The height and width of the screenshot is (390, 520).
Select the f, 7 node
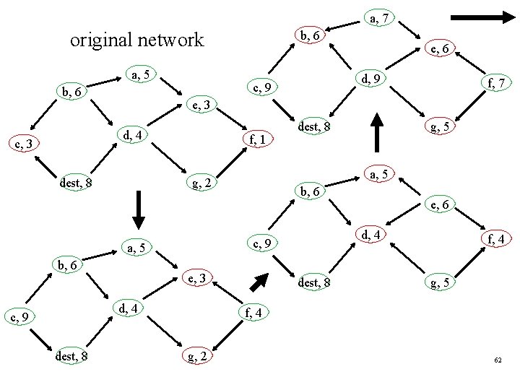(496, 84)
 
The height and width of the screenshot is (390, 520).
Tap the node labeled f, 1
(259, 139)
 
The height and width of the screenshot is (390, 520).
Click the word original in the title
(101, 40)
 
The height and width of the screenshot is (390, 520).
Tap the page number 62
(498, 359)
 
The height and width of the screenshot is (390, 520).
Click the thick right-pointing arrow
(479, 15)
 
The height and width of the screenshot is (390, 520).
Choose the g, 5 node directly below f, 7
(440, 127)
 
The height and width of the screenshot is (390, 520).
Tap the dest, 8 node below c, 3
(75, 183)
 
